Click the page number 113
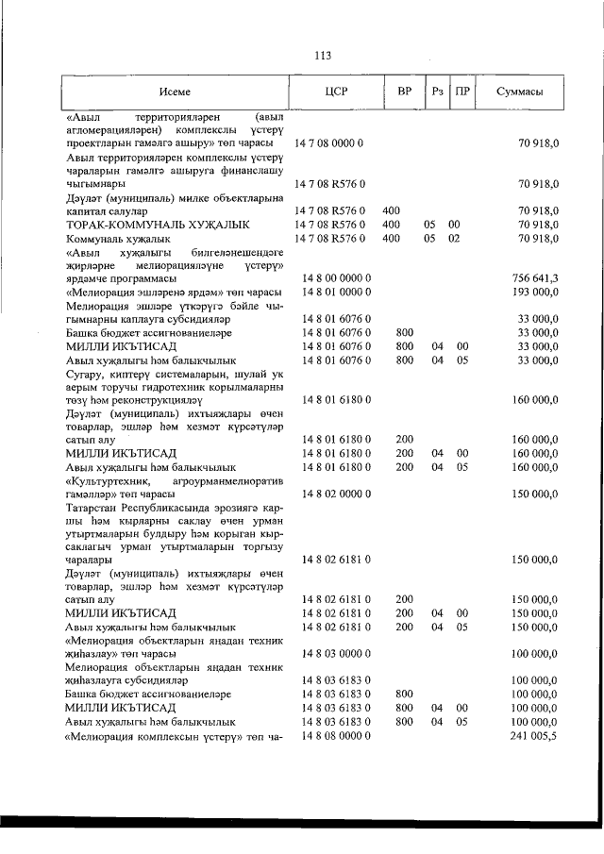point(321,55)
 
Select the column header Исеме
point(175,92)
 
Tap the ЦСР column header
point(336,92)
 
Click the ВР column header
point(404,92)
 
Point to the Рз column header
point(437,92)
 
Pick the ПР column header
point(461,92)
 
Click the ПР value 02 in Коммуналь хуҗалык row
point(454,239)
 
